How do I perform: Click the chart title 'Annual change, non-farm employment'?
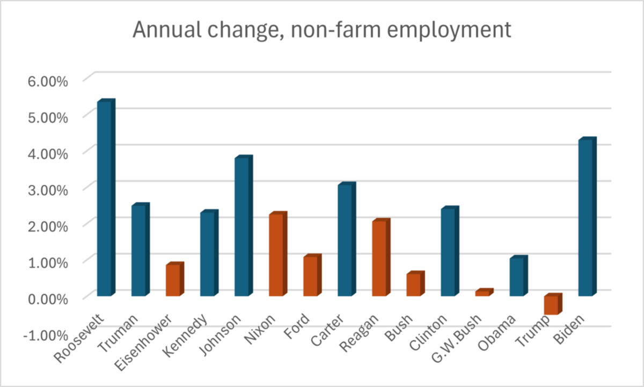322,31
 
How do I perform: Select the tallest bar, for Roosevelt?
105,199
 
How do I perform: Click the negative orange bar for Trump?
552,305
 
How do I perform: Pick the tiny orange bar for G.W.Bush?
483,293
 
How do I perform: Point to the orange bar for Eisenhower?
173,280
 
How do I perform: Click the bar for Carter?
345,240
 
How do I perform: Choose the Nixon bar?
276,255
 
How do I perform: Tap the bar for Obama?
517,277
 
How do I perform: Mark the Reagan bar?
379,258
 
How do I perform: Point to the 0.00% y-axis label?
45,298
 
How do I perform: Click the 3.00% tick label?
45,189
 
